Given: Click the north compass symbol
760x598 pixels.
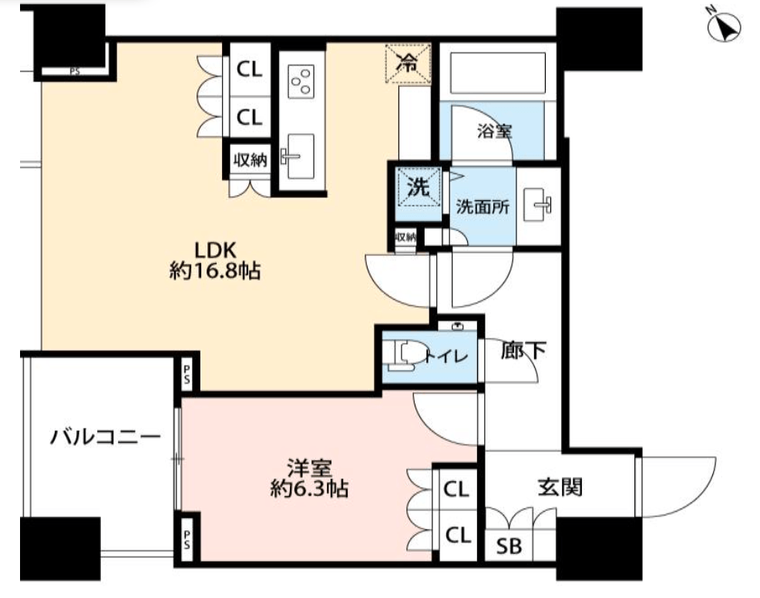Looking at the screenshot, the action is coord(724,27).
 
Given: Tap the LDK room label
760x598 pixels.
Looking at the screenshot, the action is coord(215,250).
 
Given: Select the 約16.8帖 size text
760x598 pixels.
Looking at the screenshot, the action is coord(215,270).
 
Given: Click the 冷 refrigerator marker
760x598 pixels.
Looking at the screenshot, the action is coord(408,63).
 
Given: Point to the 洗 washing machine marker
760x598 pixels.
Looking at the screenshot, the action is coord(418,187).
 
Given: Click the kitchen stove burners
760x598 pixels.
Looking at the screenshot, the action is coord(301,82).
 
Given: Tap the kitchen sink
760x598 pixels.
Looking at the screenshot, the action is coord(297,156).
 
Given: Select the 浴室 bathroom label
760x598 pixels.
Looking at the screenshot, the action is coord(494,131).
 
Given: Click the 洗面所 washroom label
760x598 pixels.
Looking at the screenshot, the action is coord(483,207).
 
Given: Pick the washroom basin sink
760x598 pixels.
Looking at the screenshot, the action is coord(541,205).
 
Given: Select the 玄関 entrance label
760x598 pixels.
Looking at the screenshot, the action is coord(560,487).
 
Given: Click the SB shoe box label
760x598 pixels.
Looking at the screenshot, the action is coord(509,546).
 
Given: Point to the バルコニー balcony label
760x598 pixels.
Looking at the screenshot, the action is coord(105,437).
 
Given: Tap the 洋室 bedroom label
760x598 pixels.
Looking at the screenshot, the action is coord(309,468).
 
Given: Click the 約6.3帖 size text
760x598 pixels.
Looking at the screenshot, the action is coord(309,489).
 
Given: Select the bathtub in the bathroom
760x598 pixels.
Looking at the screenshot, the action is coord(498,72).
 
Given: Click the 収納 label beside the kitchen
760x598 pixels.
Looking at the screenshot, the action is coord(250,160).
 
